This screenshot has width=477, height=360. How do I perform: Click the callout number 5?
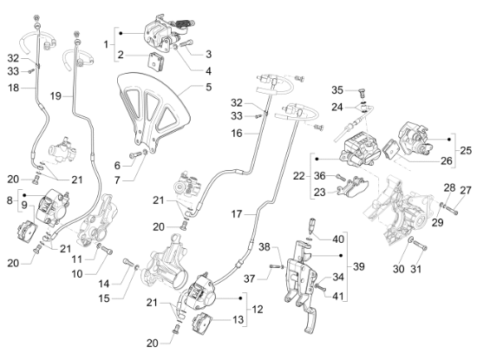tap(208, 87)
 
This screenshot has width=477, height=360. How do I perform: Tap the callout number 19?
tap(56, 96)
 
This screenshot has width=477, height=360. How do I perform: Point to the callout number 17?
tap(237, 214)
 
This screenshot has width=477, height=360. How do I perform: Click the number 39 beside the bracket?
tap(359, 266)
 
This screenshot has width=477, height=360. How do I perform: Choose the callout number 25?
tap(466, 150)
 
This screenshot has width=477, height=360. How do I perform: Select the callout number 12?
tap(258, 310)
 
